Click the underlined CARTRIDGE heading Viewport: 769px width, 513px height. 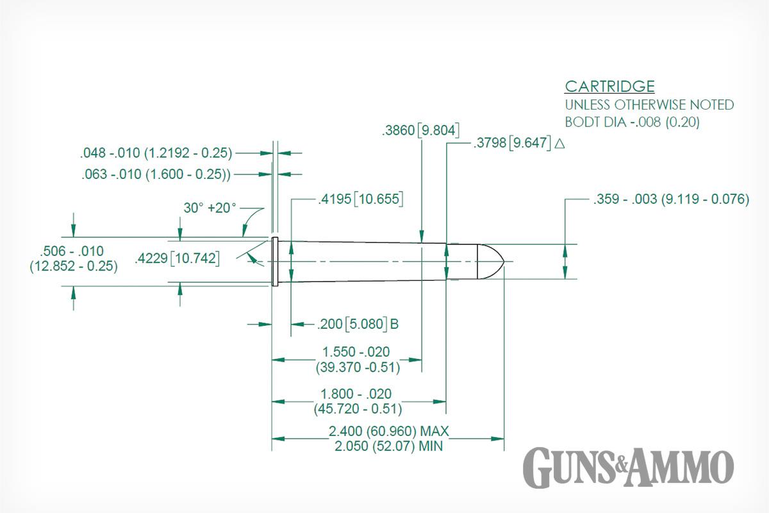609,86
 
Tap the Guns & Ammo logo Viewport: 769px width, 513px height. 628,467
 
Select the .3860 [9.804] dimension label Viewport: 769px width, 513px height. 420,130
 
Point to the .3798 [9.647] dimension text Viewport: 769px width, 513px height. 512,142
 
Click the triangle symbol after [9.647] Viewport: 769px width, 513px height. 559,143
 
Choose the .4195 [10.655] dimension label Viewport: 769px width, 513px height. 360,199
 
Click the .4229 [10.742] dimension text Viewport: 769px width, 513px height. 177,258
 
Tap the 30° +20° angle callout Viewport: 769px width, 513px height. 210,208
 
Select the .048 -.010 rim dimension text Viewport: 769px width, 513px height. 156,153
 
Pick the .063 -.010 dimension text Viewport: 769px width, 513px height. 156,174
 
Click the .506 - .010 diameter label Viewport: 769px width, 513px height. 72,251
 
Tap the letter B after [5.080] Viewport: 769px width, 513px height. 395,324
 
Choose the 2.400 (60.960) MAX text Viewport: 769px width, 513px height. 388,431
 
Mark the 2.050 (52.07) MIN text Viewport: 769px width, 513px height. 388,446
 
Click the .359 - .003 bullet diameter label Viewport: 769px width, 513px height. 671,199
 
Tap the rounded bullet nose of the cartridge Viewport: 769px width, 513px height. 491,262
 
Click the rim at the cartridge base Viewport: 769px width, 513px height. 275,262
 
